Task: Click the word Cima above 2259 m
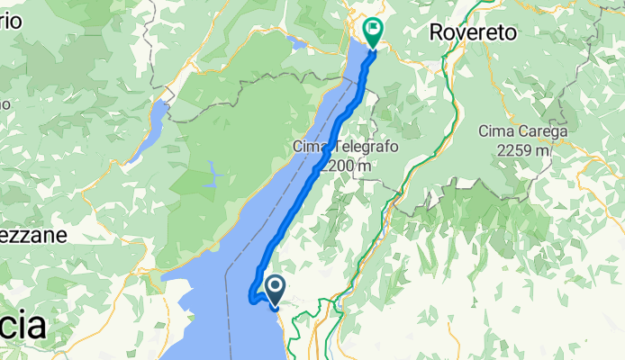click(498, 132)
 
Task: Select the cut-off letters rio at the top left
click(10, 24)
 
